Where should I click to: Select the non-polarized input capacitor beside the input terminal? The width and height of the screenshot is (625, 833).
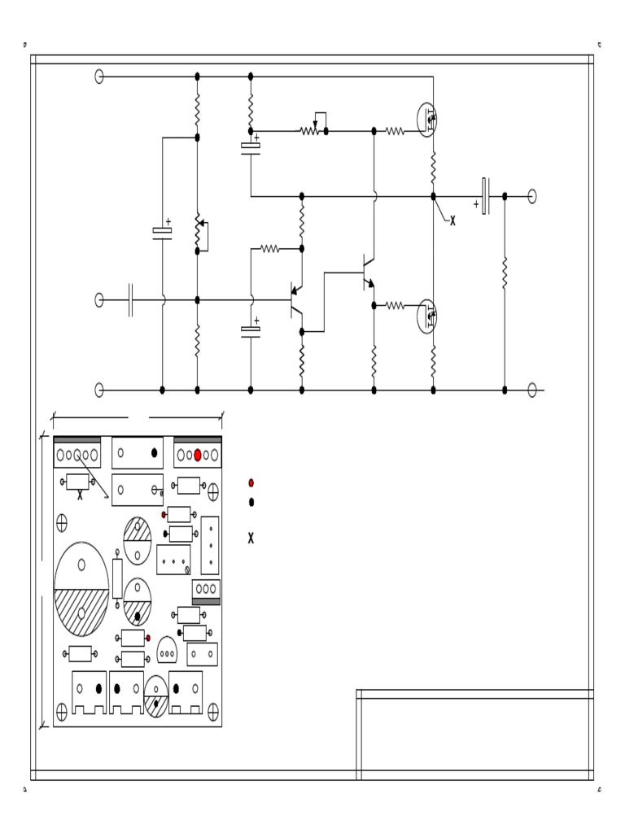coord(130,300)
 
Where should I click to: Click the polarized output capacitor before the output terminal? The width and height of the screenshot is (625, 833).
coord(485,196)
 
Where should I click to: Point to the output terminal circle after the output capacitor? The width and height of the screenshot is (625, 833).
coord(532,196)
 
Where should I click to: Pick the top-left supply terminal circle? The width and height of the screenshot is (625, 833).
coord(99,76)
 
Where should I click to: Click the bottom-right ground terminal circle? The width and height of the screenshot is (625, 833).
coord(532,390)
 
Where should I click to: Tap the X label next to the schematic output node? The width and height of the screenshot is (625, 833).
coord(452,221)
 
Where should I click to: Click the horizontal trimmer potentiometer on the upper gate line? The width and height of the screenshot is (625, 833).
coord(310,130)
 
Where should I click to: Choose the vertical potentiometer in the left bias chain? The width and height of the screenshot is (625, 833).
coord(197,232)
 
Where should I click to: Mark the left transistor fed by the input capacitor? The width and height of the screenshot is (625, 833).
coord(295,301)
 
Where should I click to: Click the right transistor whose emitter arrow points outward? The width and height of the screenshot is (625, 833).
coord(368,272)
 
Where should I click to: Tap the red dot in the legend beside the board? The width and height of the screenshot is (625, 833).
coord(251,483)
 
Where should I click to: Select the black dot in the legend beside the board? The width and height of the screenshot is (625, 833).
coord(251,502)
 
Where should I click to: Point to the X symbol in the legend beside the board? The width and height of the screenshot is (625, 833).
coord(251,538)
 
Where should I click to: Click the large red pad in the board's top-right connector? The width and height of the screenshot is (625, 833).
coord(197,456)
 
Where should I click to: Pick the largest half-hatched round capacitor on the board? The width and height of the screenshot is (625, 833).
coord(81,589)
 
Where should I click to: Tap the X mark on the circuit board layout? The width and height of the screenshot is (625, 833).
coord(80,495)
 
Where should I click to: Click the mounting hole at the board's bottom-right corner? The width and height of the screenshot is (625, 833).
coord(213,713)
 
